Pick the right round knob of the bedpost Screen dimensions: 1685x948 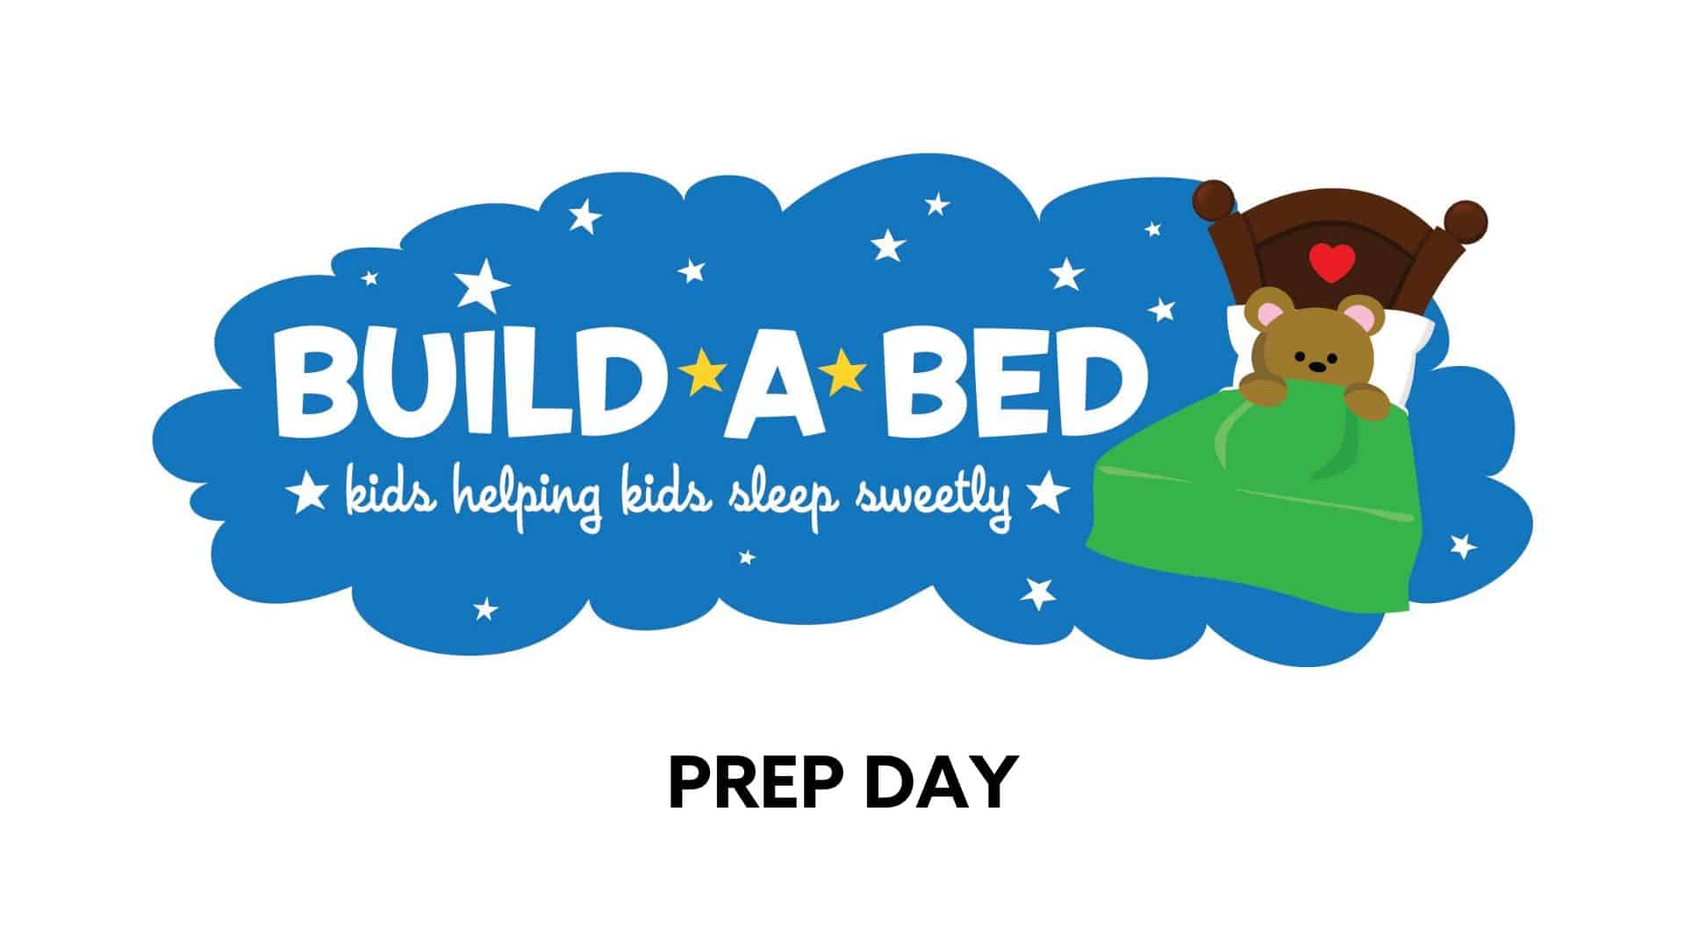(x=1465, y=220)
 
